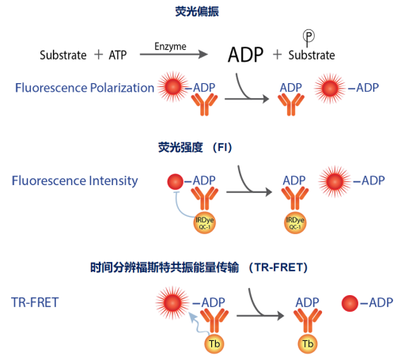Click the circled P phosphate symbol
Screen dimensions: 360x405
coord(310,36)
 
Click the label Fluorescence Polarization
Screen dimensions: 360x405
coord(85,87)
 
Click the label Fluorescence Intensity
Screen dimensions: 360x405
coord(74,181)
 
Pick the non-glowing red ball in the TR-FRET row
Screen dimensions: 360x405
coord(349,302)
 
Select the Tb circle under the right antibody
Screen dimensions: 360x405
coord(306,344)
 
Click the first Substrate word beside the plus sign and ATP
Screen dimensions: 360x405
coord(63,55)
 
